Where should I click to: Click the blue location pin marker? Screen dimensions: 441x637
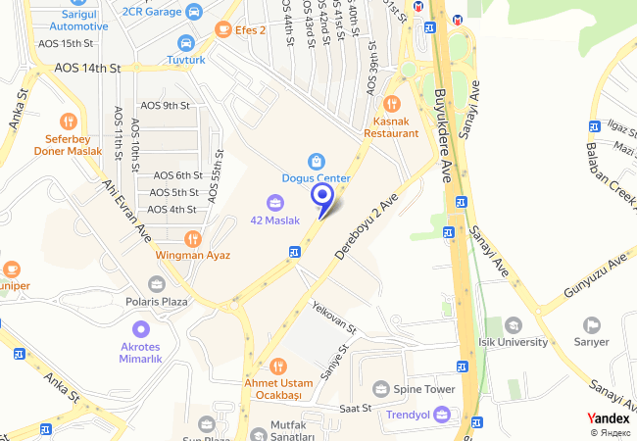click(x=322, y=197)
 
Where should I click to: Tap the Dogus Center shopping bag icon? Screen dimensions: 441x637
click(x=316, y=161)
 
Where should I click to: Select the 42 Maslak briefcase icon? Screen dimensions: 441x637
click(x=275, y=203)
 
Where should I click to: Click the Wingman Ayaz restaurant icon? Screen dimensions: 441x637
click(x=192, y=238)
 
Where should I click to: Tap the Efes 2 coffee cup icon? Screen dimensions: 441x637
click(x=223, y=30)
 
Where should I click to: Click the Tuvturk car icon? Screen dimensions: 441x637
click(x=186, y=43)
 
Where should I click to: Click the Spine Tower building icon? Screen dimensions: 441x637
click(x=381, y=389)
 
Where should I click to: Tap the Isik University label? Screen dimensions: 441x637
click(x=514, y=342)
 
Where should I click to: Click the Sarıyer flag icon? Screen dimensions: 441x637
click(x=591, y=324)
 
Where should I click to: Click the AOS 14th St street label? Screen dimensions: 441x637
click(x=87, y=69)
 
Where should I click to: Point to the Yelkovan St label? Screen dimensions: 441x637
click(x=332, y=316)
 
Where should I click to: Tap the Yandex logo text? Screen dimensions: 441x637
click(x=609, y=418)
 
